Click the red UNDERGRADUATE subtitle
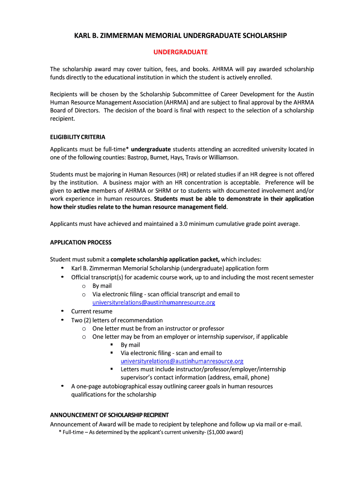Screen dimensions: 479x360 [180, 51]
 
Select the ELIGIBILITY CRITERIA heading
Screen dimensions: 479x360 [78, 137]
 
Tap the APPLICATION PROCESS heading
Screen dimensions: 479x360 [81, 242]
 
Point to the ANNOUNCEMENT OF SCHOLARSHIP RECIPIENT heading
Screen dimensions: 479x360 [109, 415]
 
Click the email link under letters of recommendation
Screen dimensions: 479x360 [182, 361]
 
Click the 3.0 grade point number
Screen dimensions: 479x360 [184, 224]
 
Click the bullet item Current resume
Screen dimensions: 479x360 [92, 311]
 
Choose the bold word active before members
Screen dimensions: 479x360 [82, 191]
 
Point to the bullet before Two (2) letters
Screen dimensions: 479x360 [63, 320]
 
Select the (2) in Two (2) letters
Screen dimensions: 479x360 [87, 320]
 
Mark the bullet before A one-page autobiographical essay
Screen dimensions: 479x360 [63, 386]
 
